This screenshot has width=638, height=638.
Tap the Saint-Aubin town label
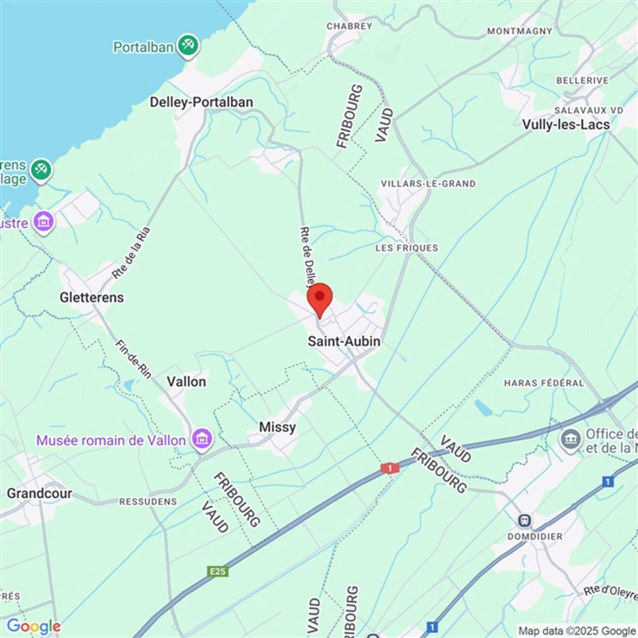(344, 341)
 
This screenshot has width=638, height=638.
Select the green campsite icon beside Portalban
(188, 45)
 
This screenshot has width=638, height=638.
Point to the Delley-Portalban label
(201, 102)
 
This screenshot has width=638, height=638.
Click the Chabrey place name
(349, 26)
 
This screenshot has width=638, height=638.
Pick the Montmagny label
(519, 31)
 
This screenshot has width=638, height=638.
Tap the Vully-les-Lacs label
(566, 124)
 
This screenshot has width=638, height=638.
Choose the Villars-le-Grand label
(428, 184)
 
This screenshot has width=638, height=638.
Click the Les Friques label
(407, 248)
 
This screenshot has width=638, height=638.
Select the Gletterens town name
(92, 297)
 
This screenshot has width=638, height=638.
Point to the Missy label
(278, 427)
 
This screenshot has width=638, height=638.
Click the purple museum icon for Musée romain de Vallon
(202, 439)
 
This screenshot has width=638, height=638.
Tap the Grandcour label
(39, 493)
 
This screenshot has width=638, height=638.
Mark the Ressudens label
(148, 501)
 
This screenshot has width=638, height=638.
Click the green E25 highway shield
(218, 571)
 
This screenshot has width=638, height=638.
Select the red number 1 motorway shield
(390, 468)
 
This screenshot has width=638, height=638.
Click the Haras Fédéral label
(544, 383)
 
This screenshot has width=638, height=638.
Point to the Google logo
(34, 627)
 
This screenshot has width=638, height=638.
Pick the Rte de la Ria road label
(130, 253)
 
